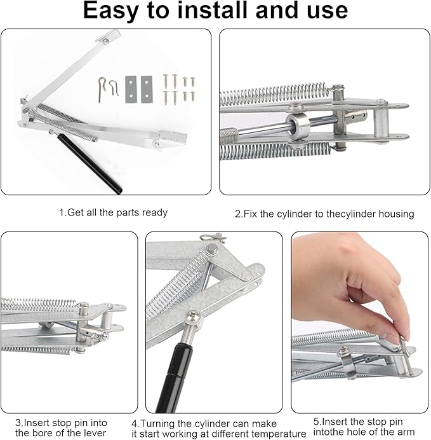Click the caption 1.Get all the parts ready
113,212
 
